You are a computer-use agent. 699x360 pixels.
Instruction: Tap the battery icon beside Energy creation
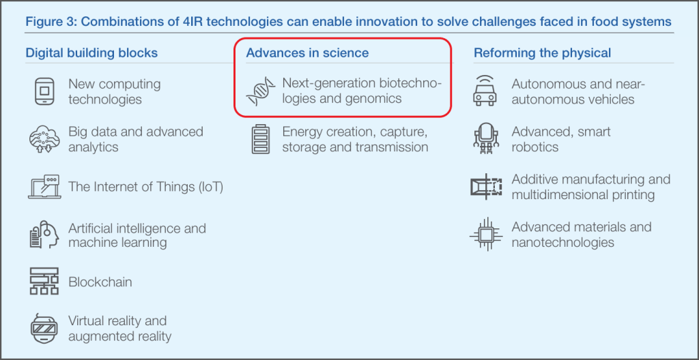pyautogui.click(x=261, y=139)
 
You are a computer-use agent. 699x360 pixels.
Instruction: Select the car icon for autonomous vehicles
pyautogui.click(x=485, y=91)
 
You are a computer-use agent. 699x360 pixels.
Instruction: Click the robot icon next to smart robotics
pyautogui.click(x=485, y=138)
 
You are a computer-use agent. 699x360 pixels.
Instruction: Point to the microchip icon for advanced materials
pyautogui.click(x=485, y=235)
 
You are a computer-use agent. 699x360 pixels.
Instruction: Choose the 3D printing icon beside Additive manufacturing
pyautogui.click(x=486, y=186)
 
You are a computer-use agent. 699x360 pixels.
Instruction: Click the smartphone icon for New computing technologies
pyautogui.click(x=44, y=91)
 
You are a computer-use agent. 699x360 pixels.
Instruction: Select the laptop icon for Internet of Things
pyautogui.click(x=44, y=187)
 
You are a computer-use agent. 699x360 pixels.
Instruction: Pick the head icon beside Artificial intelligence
pyautogui.click(x=44, y=235)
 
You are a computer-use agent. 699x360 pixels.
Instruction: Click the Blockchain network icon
pyautogui.click(x=44, y=281)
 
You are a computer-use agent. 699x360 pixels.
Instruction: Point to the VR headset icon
pyautogui.click(x=44, y=329)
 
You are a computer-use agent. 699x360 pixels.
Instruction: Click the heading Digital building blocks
pyautogui.click(x=91, y=53)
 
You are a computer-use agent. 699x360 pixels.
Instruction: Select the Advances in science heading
pyautogui.click(x=307, y=53)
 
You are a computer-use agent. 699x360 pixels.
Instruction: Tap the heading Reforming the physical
pyautogui.click(x=542, y=53)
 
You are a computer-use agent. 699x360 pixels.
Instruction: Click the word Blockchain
pyautogui.click(x=100, y=282)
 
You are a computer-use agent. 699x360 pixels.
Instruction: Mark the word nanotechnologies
pyautogui.click(x=562, y=242)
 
